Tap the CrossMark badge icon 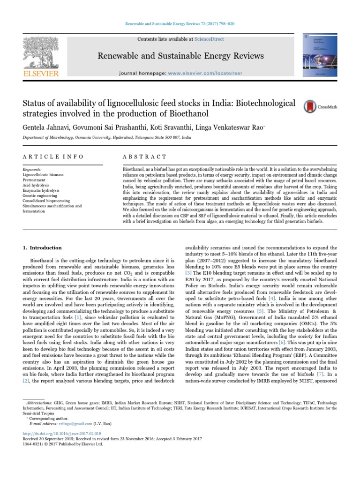(x=309, y=106)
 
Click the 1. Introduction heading (x=42, y=247)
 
